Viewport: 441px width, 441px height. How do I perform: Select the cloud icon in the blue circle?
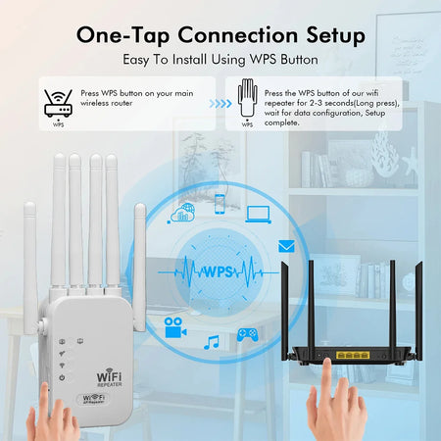tap(181, 213)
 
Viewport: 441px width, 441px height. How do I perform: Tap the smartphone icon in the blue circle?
tap(220, 204)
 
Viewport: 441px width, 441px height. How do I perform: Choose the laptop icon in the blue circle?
tap(259, 213)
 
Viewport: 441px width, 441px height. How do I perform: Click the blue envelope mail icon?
tap(286, 246)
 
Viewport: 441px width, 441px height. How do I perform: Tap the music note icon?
tap(211, 342)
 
